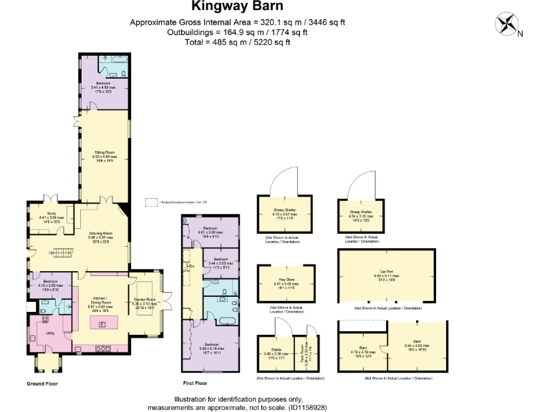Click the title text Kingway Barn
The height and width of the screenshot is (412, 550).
237,9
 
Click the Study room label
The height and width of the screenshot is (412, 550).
51,215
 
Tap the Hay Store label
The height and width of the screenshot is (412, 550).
286,283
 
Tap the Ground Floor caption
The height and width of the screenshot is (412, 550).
42,383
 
